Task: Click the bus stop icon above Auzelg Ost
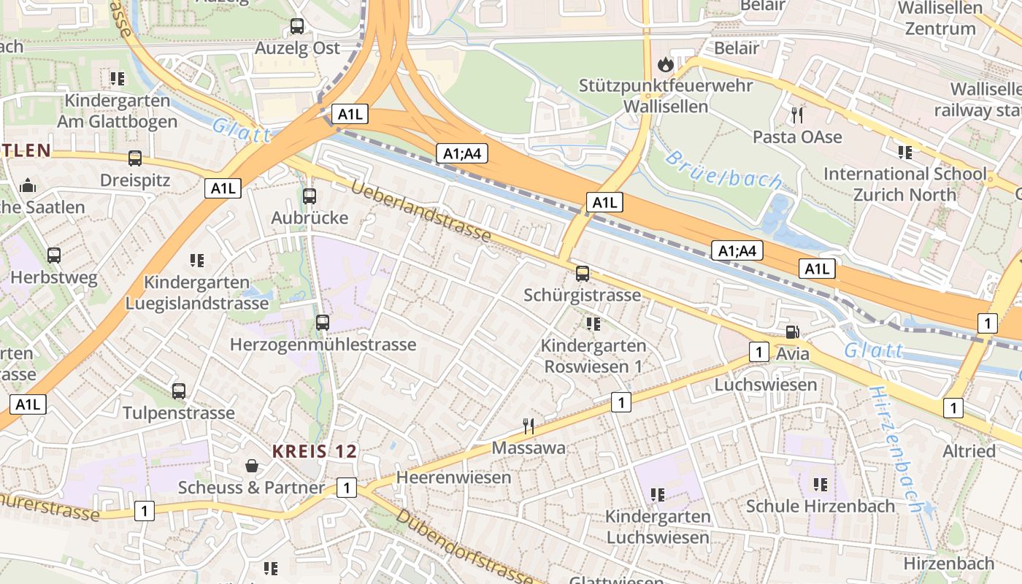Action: (x=297, y=26)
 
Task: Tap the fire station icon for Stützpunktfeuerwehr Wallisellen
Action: (x=665, y=64)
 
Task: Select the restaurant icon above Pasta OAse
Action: (x=797, y=115)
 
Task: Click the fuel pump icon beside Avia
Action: (x=792, y=332)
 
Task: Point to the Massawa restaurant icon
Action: (x=529, y=426)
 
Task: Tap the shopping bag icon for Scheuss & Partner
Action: (x=251, y=465)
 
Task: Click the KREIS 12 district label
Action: (x=315, y=451)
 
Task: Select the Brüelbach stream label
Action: (x=723, y=170)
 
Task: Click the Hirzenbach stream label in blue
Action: (x=895, y=449)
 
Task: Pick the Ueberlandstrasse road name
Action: (x=420, y=212)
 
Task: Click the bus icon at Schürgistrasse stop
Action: (x=582, y=274)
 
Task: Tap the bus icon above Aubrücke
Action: (x=310, y=196)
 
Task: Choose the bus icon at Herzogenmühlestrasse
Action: (x=322, y=322)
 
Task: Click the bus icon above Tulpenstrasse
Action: (x=179, y=391)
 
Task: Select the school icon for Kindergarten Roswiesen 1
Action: (x=593, y=323)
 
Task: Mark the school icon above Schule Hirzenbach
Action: (x=820, y=484)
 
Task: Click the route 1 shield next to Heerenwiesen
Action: (x=347, y=488)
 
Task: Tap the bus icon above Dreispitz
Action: (x=135, y=158)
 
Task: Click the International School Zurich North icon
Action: (x=905, y=152)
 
